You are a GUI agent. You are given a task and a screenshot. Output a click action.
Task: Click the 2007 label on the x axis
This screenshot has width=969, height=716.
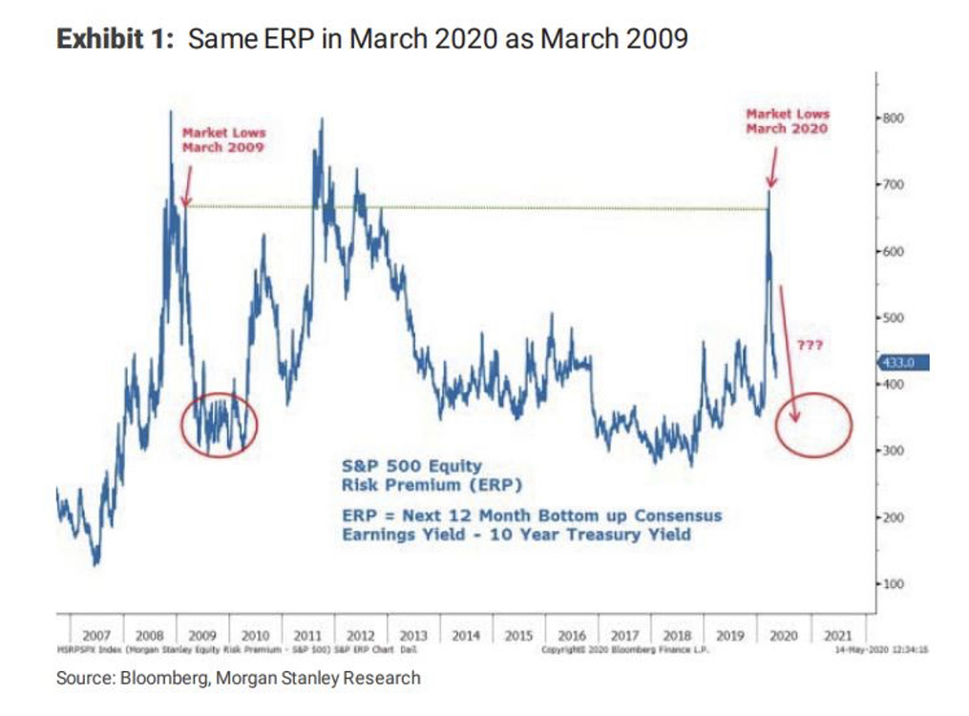[97, 635]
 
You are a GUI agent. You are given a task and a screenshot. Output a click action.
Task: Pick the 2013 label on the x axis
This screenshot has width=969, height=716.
[413, 635]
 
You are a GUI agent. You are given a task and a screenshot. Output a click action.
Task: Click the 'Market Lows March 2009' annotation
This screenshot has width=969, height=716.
[223, 140]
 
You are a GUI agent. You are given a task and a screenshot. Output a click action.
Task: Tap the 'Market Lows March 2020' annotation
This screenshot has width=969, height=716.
[787, 120]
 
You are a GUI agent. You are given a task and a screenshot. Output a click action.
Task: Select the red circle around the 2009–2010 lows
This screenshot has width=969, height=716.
[220, 425]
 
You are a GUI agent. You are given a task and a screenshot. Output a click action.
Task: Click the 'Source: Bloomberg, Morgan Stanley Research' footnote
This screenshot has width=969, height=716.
[239, 678]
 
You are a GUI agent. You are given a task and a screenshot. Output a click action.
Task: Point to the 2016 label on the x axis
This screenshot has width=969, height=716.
[572, 635]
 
